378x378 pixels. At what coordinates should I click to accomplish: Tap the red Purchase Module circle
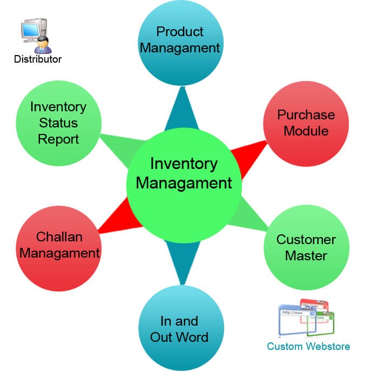click(x=306, y=123)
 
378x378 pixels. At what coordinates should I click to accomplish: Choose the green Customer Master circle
click(x=306, y=247)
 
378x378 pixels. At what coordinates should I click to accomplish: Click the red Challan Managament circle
click(x=58, y=246)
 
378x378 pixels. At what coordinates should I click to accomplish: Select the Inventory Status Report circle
click(x=58, y=123)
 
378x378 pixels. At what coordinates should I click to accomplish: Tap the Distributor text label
click(x=38, y=59)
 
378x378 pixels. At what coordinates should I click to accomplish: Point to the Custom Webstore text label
click(x=308, y=346)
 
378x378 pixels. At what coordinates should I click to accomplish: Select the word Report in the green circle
click(x=58, y=139)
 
